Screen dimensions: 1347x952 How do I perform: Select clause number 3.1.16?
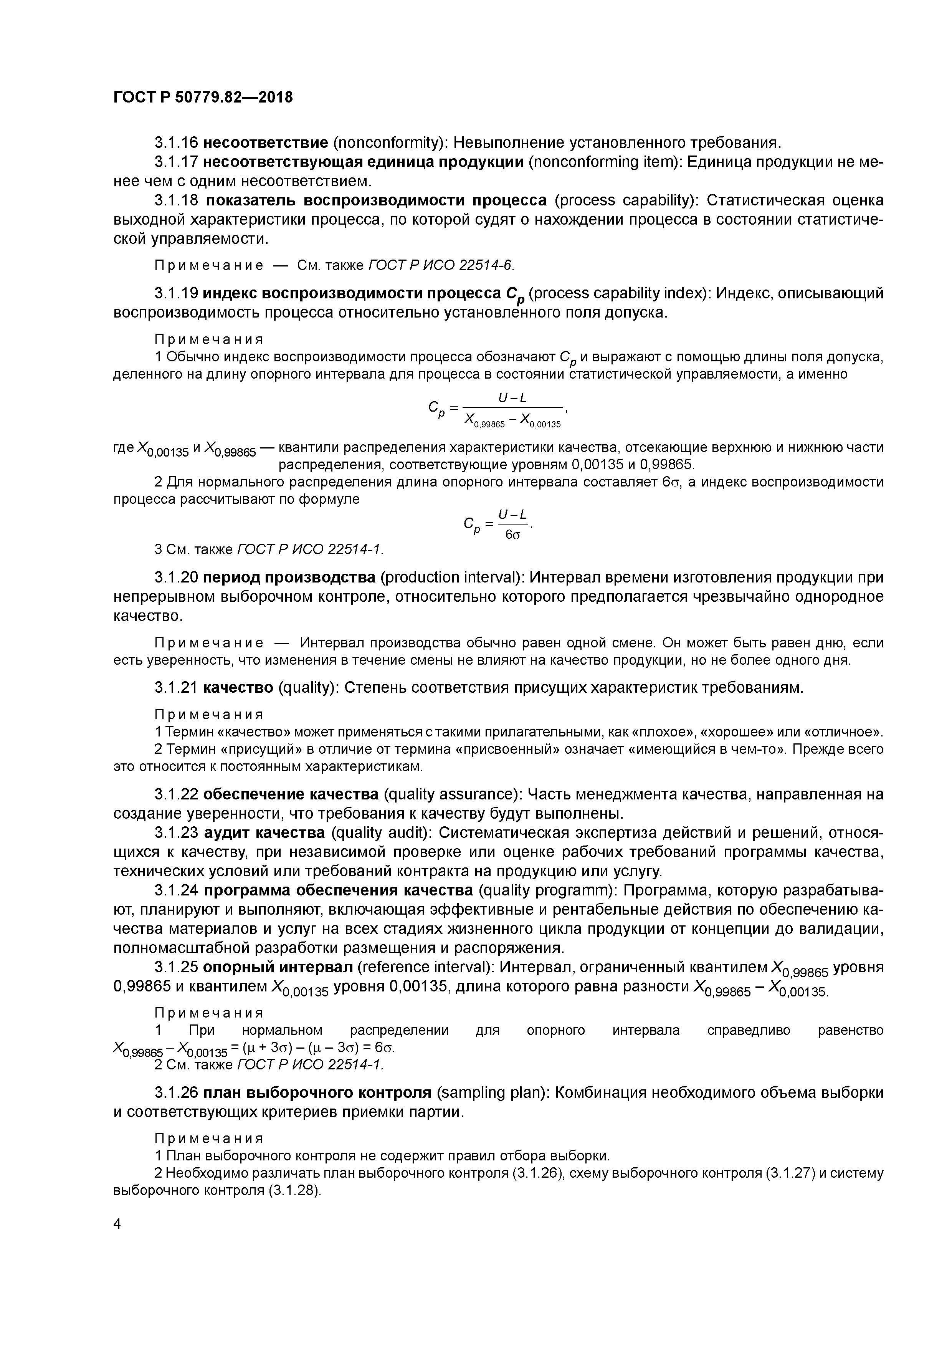point(176,142)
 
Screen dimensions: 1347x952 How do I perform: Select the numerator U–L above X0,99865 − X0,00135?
point(512,398)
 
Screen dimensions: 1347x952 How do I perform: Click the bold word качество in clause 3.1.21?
point(238,687)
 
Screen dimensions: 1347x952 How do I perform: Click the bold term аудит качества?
point(264,832)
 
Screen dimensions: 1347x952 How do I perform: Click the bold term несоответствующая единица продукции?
point(363,162)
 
